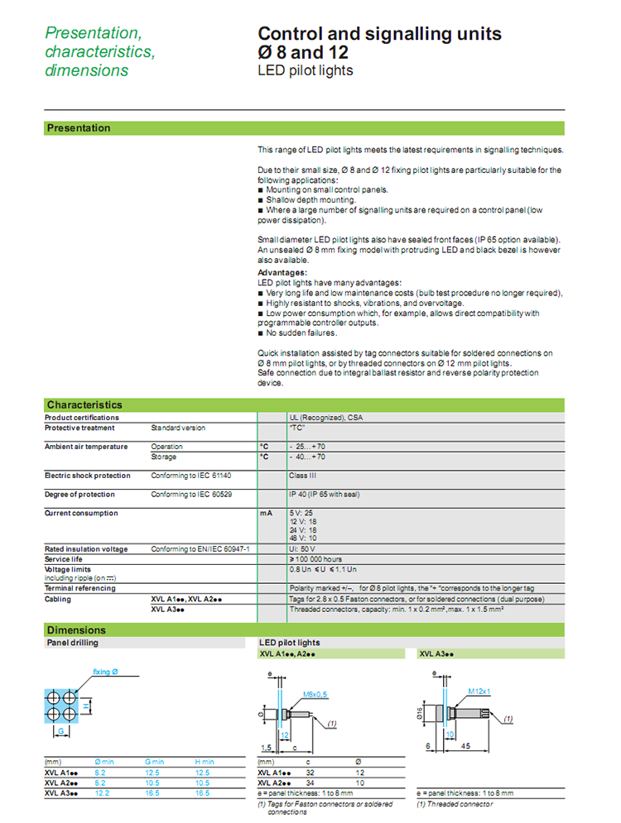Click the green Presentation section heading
coord(79,128)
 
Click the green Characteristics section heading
coord(84,404)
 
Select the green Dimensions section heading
coord(76,630)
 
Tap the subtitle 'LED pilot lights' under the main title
coord(306,70)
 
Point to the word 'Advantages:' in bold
coord(282,272)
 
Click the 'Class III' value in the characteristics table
coord(304,476)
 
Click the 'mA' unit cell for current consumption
coord(265,514)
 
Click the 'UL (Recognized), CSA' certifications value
coord(325,418)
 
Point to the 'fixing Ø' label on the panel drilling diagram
coord(105,672)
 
